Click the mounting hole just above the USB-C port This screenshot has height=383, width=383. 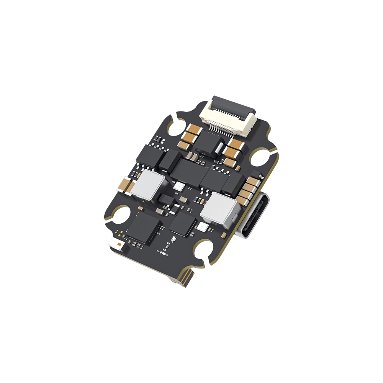[x=264, y=157]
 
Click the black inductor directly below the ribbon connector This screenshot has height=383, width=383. [x=207, y=141]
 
